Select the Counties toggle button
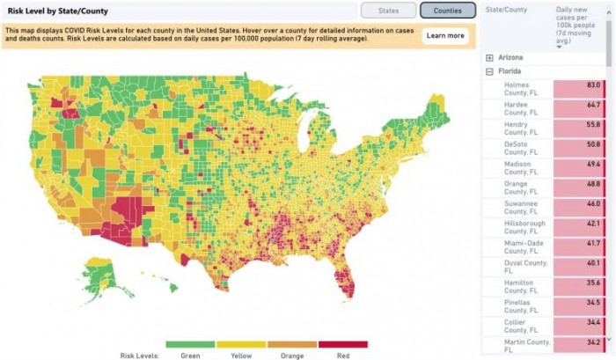(447, 11)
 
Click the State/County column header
(509, 10)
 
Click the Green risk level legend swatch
(190, 344)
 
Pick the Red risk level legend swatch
(342, 344)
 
